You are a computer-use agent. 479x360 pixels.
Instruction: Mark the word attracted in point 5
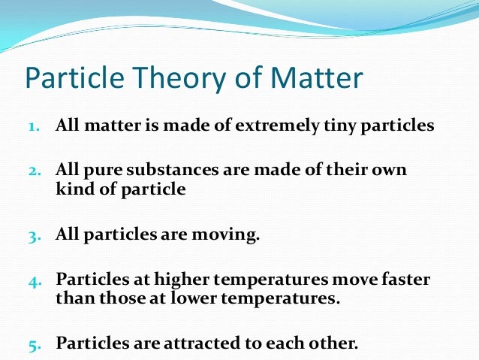pos(186,344)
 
